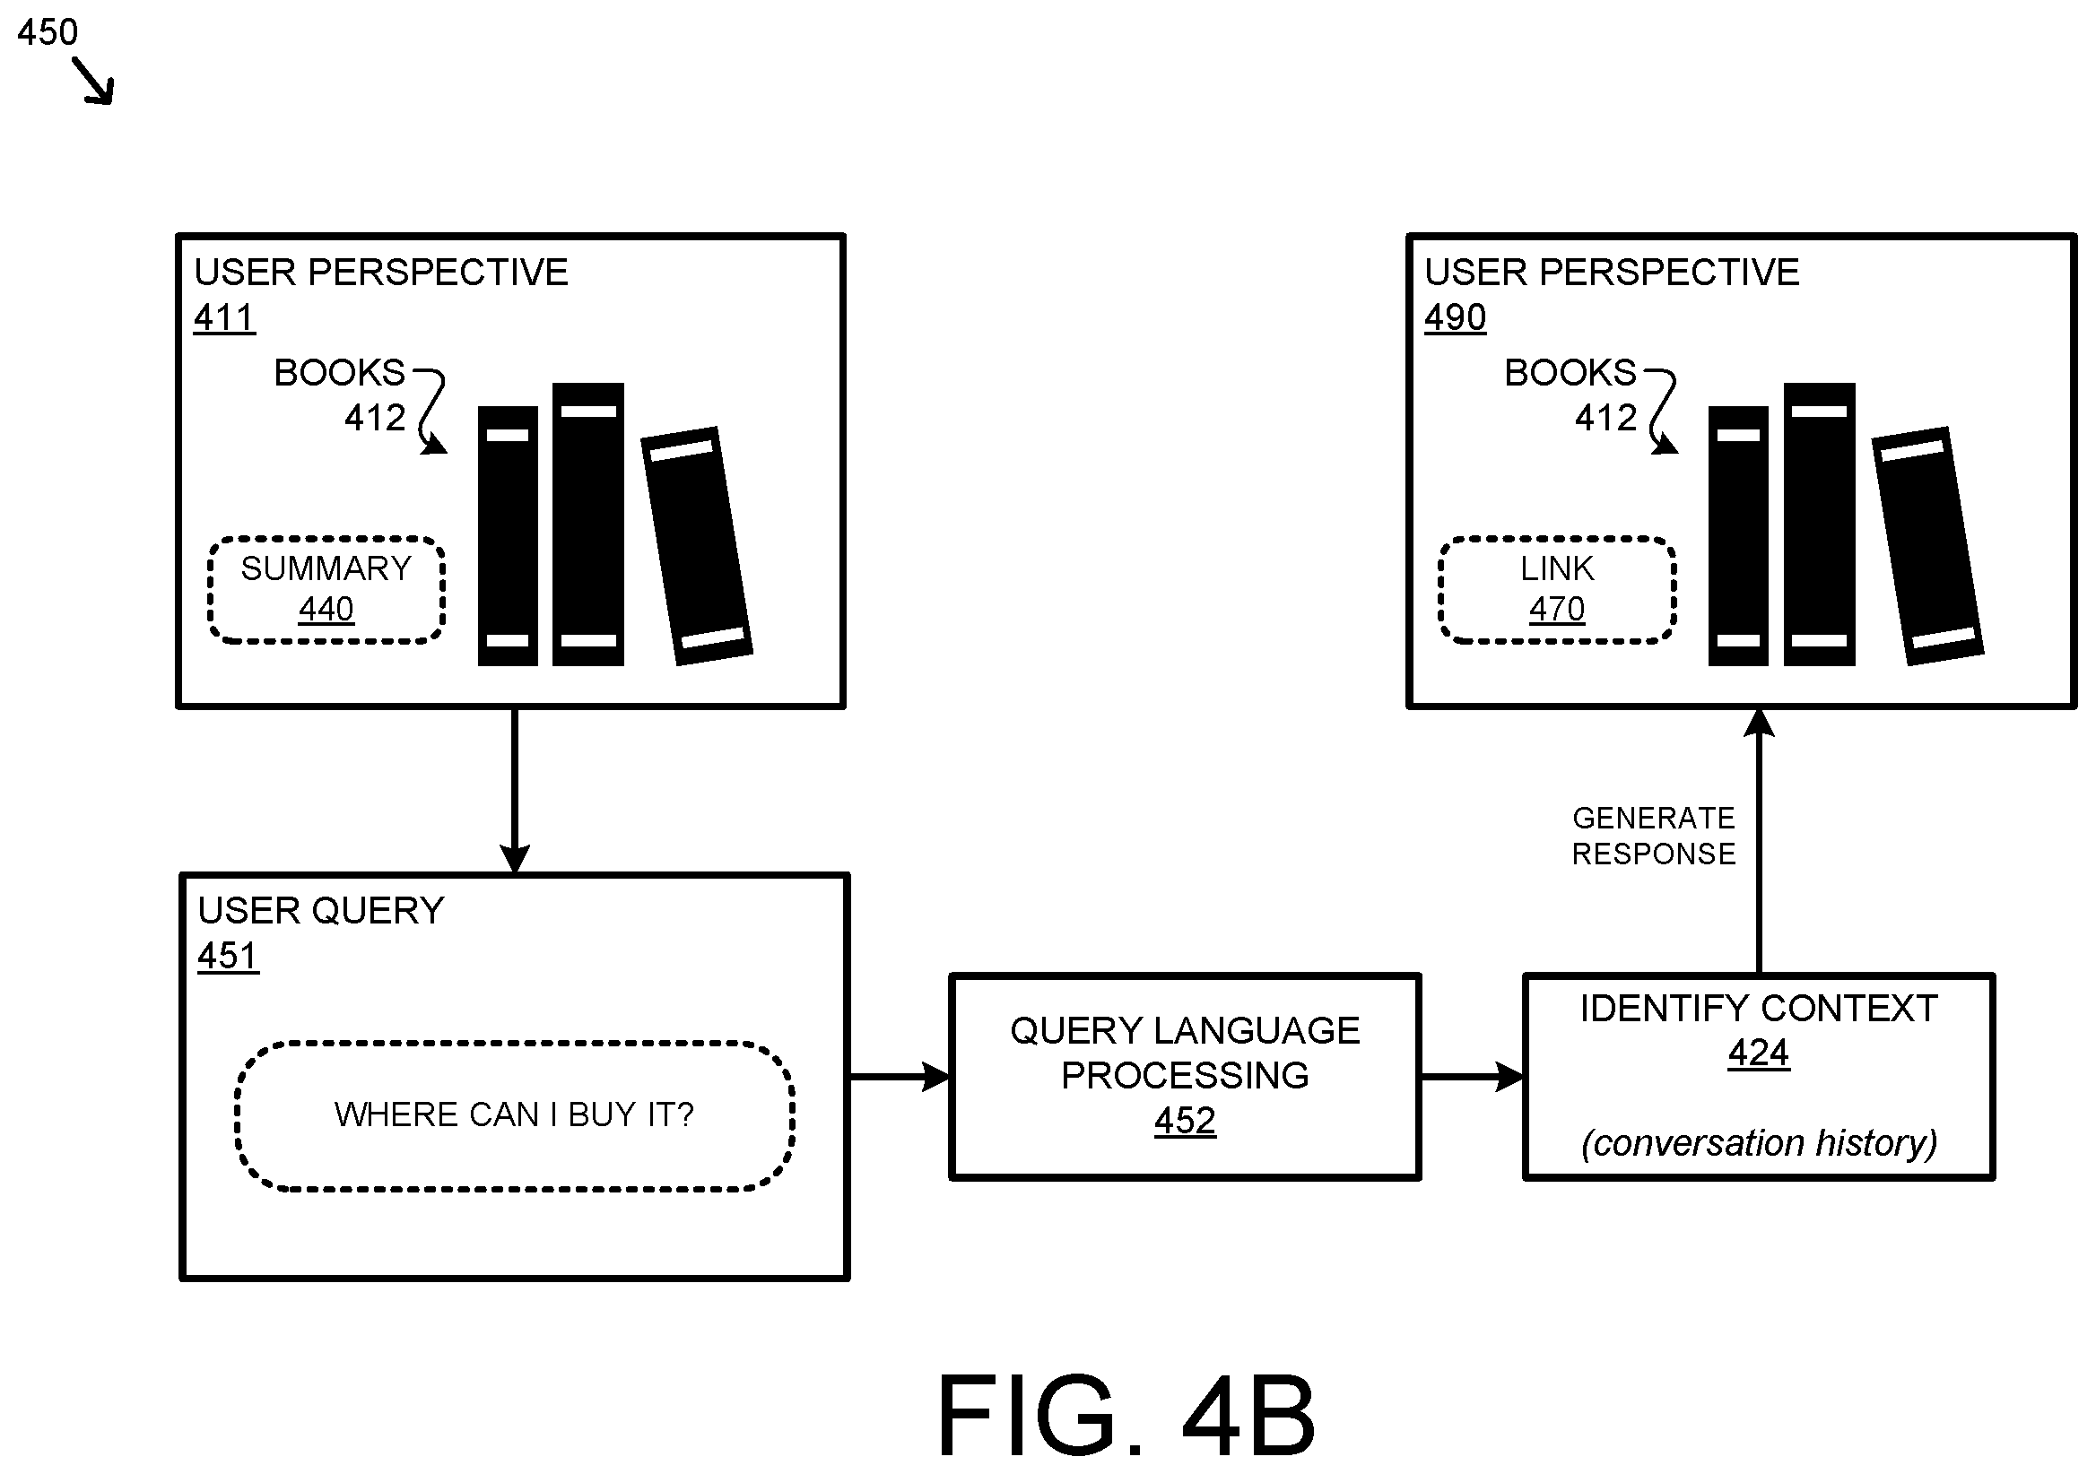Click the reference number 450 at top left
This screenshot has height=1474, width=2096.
(x=48, y=32)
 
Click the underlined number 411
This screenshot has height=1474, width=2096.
(x=224, y=317)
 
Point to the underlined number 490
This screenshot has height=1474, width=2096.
(x=1455, y=317)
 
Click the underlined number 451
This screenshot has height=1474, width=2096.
(x=228, y=956)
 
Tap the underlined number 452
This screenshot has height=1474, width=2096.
(x=1185, y=1121)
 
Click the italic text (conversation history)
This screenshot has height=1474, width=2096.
(x=1759, y=1142)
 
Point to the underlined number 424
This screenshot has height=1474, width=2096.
(x=1758, y=1053)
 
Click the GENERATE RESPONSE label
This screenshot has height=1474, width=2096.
(x=1653, y=836)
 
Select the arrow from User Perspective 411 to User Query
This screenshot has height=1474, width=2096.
(x=515, y=791)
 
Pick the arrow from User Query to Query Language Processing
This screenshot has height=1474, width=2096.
(x=900, y=1077)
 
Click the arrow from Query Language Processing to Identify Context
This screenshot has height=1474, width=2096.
(x=1473, y=1077)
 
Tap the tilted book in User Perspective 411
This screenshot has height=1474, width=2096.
(x=697, y=546)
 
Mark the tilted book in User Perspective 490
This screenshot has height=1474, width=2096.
(x=1927, y=546)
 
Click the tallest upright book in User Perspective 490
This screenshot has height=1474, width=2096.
(x=1820, y=524)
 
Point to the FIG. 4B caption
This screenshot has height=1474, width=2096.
(x=1126, y=1415)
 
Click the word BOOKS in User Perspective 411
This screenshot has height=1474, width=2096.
(x=340, y=372)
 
